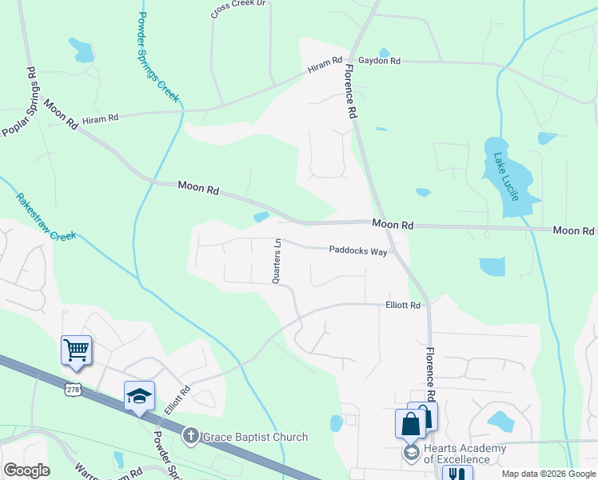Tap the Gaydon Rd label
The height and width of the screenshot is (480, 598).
(x=379, y=61)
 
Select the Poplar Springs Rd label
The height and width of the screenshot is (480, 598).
(x=21, y=102)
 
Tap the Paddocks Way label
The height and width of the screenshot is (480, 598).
(x=358, y=251)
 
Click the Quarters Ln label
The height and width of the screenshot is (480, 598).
(x=277, y=262)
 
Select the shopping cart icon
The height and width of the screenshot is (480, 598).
(x=76, y=349)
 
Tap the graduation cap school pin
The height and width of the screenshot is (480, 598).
(x=139, y=396)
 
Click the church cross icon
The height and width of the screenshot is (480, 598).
(x=191, y=437)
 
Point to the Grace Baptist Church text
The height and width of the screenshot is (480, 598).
(x=254, y=437)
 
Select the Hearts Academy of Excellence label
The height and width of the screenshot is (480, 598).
(x=464, y=454)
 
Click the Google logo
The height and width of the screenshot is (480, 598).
(x=26, y=470)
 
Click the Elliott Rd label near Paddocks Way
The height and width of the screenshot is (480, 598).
(x=403, y=305)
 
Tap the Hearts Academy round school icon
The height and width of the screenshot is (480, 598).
(x=411, y=453)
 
